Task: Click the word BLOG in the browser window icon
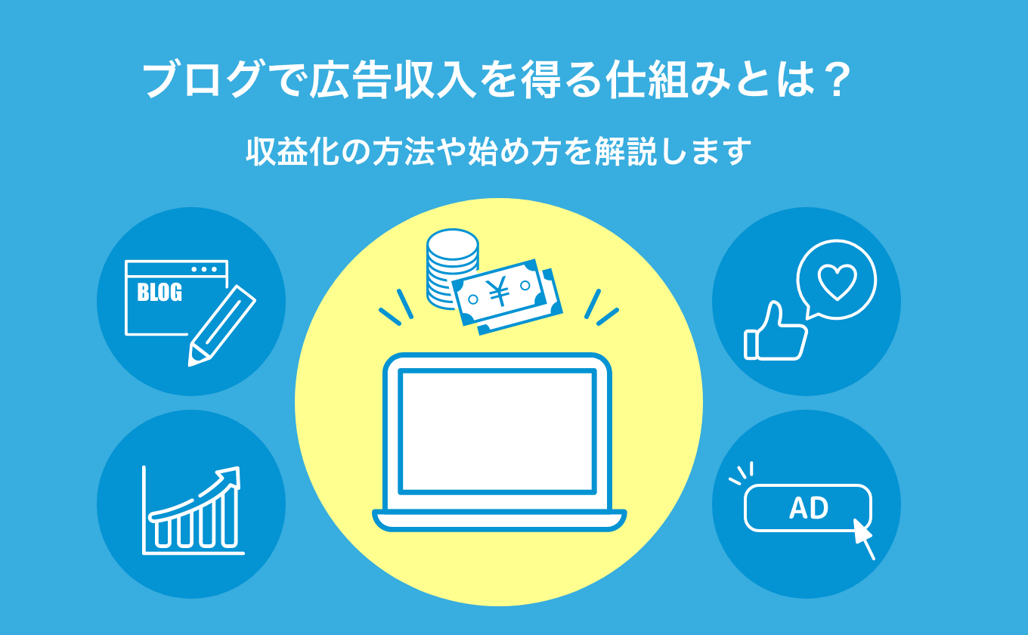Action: tap(159, 293)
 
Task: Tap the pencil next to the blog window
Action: tap(221, 327)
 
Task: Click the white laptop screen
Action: tap(497, 432)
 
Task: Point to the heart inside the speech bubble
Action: tap(837, 282)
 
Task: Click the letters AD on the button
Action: tap(809, 508)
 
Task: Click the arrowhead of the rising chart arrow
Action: tap(230, 478)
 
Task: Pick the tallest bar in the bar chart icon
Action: tap(230, 519)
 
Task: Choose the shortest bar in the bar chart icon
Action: tap(163, 533)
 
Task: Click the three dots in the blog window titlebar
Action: tap(204, 269)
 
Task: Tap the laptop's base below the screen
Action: tap(500, 520)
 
